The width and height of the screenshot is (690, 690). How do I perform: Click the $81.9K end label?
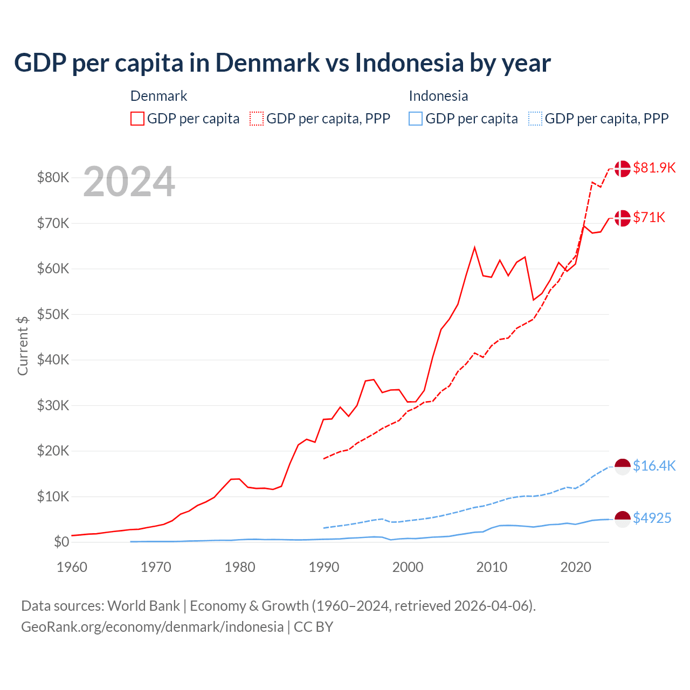click(x=654, y=168)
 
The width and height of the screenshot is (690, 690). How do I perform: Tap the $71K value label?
click(x=649, y=217)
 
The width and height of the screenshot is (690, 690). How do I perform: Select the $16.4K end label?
click(x=654, y=466)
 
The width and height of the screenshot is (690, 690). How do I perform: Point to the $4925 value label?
click(x=652, y=518)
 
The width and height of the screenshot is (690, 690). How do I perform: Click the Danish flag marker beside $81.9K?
click(x=623, y=168)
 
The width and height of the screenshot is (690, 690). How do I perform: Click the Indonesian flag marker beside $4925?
click(x=623, y=519)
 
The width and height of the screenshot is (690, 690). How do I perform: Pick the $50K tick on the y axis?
click(x=53, y=314)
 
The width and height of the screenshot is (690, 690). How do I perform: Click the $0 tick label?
click(x=61, y=542)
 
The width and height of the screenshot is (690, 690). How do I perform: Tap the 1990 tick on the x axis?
click(x=324, y=567)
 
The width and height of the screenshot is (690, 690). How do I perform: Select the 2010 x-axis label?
click(x=492, y=567)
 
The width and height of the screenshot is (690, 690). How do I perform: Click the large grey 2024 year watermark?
click(x=129, y=182)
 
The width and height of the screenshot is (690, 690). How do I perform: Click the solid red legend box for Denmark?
click(x=137, y=119)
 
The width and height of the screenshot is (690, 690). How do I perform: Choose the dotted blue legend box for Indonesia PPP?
click(x=535, y=119)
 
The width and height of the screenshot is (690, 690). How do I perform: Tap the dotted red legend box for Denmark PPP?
click(x=257, y=119)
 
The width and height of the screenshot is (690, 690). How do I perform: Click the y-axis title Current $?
click(x=23, y=346)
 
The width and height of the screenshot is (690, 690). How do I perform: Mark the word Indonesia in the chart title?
click(x=409, y=63)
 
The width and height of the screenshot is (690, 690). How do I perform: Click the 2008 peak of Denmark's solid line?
click(x=474, y=247)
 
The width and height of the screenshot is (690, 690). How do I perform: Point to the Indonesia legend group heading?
click(x=438, y=96)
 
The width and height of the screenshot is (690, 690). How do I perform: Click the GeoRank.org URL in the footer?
click(x=152, y=627)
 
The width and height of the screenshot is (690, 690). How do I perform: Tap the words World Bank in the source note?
click(x=143, y=606)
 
